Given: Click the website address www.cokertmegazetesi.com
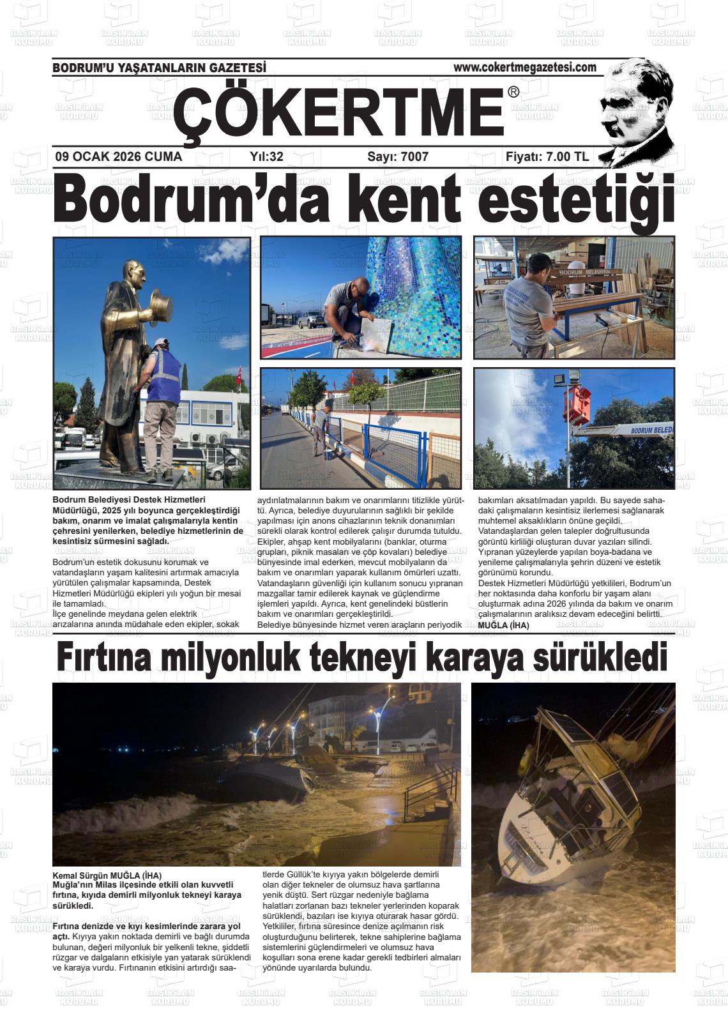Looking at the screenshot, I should (x=525, y=67).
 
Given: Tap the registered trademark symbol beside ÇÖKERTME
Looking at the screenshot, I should (x=513, y=93).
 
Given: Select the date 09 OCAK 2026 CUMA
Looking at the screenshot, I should (x=119, y=156).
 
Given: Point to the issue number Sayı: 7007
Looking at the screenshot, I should (x=398, y=156).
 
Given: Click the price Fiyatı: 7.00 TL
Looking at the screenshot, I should (x=547, y=156).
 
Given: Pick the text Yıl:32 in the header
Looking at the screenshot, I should (x=266, y=156).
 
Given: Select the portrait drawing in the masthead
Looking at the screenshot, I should (x=635, y=112).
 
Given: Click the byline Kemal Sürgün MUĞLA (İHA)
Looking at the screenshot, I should (x=107, y=875).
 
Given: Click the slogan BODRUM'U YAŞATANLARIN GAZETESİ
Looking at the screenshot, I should (x=159, y=68).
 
